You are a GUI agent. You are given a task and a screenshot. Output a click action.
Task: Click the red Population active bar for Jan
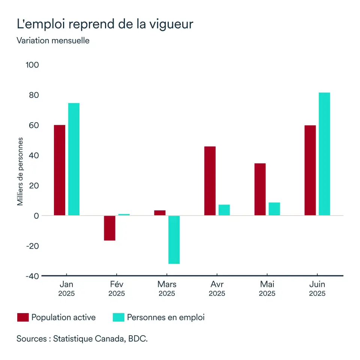tap(60, 170)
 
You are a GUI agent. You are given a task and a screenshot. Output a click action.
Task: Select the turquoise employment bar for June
tap(324, 154)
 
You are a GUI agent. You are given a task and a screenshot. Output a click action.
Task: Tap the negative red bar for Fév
tap(109, 228)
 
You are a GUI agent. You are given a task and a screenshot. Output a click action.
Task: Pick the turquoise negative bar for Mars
tap(174, 240)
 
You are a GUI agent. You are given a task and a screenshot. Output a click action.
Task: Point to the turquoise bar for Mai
tap(274, 209)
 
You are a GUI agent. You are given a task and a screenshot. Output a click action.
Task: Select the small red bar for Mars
tap(160, 213)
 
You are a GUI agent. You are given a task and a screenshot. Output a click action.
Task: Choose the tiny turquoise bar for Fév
tap(124, 214)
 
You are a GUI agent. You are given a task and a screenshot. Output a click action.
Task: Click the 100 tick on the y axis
tap(32, 65)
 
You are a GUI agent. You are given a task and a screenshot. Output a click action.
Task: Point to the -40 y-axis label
tap(31, 276)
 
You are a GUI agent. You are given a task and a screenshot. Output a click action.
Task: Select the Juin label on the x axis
tap(317, 284)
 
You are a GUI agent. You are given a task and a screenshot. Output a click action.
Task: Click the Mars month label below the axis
tap(167, 284)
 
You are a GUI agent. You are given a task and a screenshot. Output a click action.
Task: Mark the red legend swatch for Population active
tap(23, 318)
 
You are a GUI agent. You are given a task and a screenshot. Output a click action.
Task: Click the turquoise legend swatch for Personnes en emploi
tap(118, 318)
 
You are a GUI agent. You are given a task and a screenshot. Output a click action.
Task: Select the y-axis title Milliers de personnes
tap(20, 171)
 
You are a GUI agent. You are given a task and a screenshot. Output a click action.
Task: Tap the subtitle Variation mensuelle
tap(53, 40)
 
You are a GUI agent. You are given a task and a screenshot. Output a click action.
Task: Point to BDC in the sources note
tap(138, 339)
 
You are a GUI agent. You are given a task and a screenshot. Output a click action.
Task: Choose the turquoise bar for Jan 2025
tap(74, 159)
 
